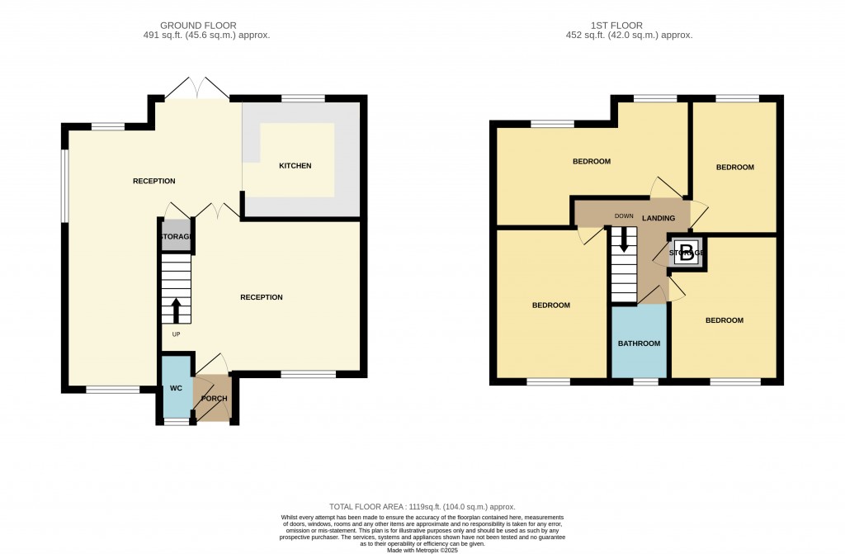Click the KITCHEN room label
295,166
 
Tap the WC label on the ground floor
176,387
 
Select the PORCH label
214,399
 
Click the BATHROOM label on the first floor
640,343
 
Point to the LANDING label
659,218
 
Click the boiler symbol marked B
686,253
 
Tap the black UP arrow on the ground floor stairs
176,310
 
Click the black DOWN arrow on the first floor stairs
624,239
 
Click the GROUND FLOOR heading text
206,26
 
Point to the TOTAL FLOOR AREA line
422,507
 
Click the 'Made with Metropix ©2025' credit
422,550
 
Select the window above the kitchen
303,99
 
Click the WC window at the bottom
176,422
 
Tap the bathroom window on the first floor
646,381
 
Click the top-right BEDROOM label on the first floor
734,168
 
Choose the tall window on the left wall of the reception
64,186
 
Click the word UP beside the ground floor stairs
176,334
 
